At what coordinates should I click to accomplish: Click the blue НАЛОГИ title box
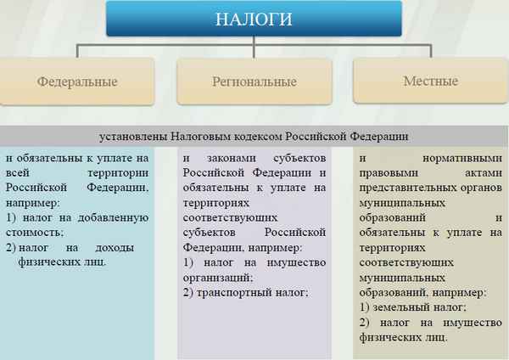(255, 19)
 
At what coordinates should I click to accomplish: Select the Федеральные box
(77, 82)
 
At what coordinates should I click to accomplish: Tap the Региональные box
(255, 82)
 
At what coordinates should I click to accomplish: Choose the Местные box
(430, 82)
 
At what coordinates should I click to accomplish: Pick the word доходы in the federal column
(126, 247)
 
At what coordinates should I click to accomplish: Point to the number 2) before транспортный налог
(188, 292)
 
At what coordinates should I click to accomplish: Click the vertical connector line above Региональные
(255, 51)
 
